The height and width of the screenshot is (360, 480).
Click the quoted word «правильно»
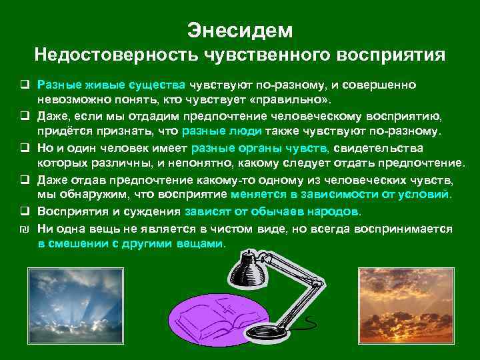[291, 99]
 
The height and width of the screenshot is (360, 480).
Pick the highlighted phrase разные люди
[231, 131]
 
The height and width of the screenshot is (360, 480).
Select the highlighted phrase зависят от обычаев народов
[273, 211]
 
